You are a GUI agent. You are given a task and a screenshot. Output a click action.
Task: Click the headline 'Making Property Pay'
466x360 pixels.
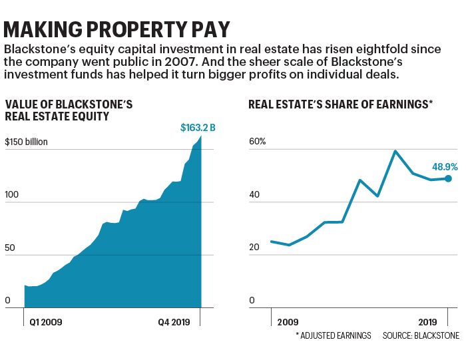tap(117, 29)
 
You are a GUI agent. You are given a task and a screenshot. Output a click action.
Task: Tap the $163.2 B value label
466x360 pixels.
tap(198, 127)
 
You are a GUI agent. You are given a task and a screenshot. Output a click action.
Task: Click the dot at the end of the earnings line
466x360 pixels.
tap(448, 178)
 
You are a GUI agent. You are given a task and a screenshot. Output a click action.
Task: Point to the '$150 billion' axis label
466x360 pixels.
tap(27, 142)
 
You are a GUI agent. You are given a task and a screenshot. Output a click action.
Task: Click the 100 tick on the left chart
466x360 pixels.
tap(13, 195)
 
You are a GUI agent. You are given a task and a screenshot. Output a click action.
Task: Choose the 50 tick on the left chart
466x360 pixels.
tap(11, 248)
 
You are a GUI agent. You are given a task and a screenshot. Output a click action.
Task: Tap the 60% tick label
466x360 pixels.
tap(258, 142)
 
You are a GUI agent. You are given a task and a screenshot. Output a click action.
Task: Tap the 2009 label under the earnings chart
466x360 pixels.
tap(288, 322)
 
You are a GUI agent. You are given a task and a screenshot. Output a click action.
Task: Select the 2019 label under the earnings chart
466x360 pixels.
tap(429, 322)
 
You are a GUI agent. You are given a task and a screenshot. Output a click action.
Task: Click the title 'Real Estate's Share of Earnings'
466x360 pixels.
tap(340, 104)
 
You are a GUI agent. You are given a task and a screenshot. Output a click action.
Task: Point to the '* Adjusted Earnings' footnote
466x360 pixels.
tap(333, 336)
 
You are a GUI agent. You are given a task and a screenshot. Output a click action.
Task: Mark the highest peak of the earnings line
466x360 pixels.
tap(395, 151)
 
